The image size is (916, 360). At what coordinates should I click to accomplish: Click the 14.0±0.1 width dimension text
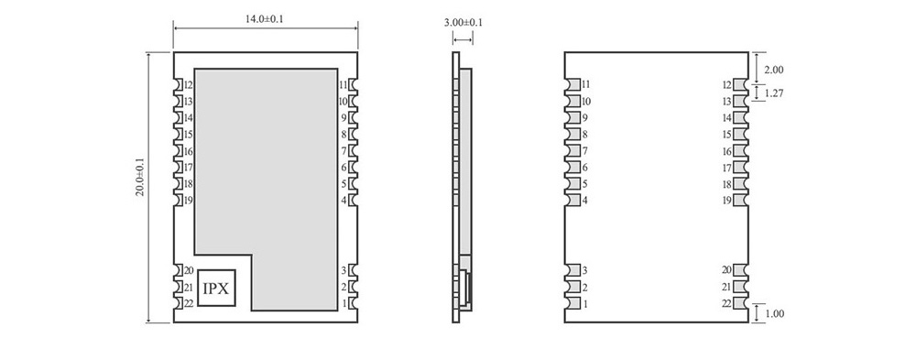(x=264, y=18)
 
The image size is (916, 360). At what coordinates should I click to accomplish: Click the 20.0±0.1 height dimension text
(x=141, y=177)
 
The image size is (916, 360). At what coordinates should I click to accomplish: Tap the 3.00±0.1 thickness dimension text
(x=463, y=23)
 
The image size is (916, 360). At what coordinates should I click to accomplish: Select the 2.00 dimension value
(x=774, y=70)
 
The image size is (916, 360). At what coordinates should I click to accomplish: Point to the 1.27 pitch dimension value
(x=774, y=93)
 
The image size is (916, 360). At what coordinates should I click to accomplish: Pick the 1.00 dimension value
(x=774, y=313)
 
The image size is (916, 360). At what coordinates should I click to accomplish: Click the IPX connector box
(x=216, y=288)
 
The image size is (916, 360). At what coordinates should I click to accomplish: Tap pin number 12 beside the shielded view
(x=188, y=85)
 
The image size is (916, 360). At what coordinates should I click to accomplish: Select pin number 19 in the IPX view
(x=188, y=201)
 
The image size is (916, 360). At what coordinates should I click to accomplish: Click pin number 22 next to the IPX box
(x=188, y=303)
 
